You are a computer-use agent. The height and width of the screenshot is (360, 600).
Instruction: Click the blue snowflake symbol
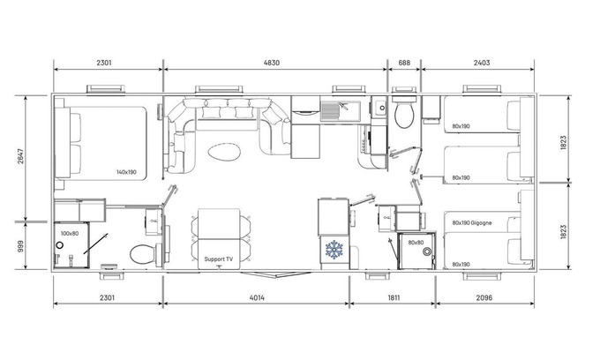pos(334,250)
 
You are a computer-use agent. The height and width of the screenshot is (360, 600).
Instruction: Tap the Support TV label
pos(218,259)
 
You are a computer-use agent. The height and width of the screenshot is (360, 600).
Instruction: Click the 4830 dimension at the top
pos(271,63)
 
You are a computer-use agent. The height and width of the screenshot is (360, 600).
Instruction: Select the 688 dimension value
pos(404,63)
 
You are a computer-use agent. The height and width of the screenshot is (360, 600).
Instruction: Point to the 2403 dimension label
pos(482,63)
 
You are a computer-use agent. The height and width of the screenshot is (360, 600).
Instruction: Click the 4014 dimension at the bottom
pos(257,297)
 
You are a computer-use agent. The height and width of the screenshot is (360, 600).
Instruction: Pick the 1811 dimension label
pos(394,297)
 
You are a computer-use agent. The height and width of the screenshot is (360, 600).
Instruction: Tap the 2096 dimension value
pos(484,297)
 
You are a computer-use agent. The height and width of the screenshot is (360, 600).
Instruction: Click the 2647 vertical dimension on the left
pos(20,156)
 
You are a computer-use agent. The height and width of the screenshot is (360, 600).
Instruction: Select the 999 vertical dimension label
pos(20,246)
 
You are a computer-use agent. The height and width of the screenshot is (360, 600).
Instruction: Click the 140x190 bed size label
pos(126,172)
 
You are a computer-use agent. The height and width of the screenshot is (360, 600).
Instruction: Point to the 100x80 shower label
pos(69,233)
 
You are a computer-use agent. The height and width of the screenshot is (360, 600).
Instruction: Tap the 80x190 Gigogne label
pos(472,222)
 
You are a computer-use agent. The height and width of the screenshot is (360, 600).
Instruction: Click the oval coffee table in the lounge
pos(224,152)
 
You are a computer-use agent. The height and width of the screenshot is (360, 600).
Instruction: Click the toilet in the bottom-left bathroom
pos(146,254)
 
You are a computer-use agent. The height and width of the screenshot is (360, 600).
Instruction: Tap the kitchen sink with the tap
pos(341,110)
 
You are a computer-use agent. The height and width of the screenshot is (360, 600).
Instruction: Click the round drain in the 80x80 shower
pos(427,251)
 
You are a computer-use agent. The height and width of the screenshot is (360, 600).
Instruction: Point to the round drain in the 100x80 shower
pos(60,244)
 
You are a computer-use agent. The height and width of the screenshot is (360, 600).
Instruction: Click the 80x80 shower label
pos(416,243)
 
